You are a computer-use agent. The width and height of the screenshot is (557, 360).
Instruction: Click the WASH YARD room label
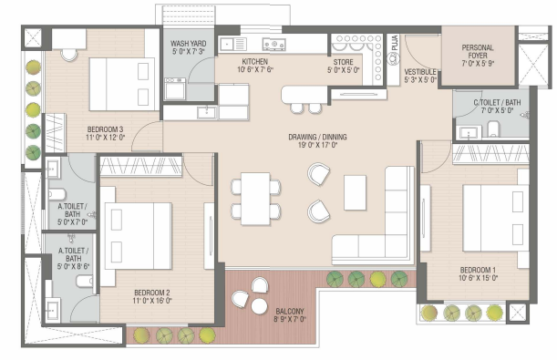(189, 44)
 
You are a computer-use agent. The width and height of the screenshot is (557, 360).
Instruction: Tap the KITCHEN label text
(254, 61)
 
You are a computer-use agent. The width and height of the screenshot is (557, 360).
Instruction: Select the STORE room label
(343, 62)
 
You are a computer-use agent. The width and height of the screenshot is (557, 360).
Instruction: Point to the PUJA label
(395, 43)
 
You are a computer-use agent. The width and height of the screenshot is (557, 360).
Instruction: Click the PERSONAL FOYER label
(478, 51)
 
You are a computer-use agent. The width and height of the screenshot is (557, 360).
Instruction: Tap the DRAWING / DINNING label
(317, 137)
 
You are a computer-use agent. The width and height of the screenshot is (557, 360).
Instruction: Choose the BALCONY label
(290, 312)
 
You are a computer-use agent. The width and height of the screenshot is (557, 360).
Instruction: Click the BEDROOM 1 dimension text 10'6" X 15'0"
(478, 278)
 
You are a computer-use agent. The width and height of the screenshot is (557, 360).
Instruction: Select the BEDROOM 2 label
(152, 293)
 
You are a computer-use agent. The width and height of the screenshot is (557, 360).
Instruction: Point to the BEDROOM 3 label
(105, 129)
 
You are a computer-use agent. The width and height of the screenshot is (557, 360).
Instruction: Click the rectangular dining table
(255, 199)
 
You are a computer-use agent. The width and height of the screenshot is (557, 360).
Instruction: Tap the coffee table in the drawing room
(355, 193)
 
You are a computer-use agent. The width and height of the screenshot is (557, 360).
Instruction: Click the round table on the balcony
(259, 306)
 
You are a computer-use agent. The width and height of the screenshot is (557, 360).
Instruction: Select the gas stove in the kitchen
(273, 44)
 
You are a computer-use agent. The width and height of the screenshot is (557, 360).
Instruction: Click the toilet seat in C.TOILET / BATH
(493, 129)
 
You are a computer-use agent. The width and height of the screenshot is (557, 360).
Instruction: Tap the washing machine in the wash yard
(175, 88)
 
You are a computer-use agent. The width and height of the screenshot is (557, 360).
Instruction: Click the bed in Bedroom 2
(139, 236)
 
